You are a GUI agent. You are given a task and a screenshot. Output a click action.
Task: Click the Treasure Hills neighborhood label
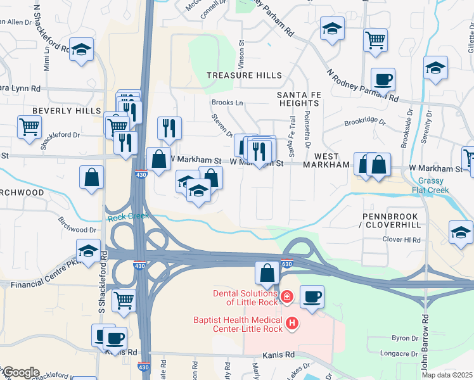tap(245, 75)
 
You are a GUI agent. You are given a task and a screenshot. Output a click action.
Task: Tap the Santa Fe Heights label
tap(297, 99)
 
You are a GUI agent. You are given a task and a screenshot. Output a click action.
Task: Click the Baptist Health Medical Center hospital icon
tap(292, 324)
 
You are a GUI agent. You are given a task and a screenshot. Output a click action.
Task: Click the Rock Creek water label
tap(128, 217)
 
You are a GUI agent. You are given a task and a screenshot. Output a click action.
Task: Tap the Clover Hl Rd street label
tap(401, 239)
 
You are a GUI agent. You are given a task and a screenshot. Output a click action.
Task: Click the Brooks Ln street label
tap(227, 102)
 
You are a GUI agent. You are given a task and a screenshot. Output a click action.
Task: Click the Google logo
tap(20, 372)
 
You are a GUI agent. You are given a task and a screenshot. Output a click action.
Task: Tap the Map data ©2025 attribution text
tap(446, 375)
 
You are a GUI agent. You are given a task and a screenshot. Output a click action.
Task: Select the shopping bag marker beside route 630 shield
tap(267, 274)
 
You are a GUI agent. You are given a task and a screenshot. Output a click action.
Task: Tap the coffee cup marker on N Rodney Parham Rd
tap(383, 80)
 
